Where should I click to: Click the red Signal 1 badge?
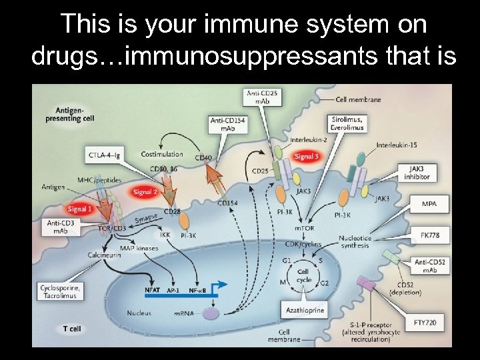[80, 209]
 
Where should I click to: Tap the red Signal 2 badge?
[145, 192]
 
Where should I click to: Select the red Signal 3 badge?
[307, 157]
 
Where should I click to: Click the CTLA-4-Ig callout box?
[104, 155]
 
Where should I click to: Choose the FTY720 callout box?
[429, 323]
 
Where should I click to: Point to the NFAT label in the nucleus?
[153, 290]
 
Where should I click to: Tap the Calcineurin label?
[103, 255]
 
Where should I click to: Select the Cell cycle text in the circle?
[303, 275]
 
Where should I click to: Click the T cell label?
[72, 329]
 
